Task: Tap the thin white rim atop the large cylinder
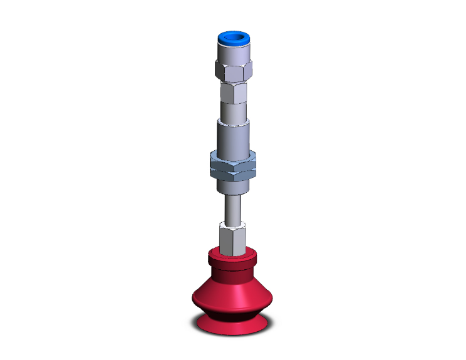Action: tap(232, 121)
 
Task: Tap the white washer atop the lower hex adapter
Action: tap(232, 224)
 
